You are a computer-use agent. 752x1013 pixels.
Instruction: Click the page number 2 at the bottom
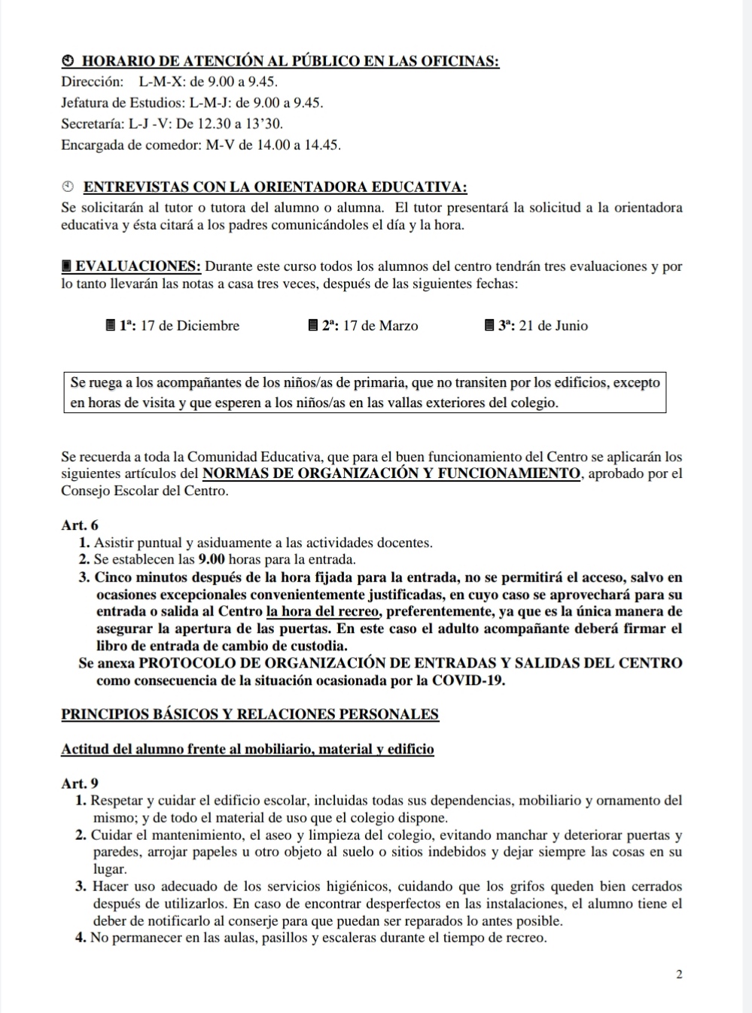(x=679, y=975)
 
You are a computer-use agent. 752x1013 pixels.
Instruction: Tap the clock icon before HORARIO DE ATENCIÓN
(x=67, y=61)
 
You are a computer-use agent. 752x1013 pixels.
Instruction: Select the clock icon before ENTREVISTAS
(x=68, y=187)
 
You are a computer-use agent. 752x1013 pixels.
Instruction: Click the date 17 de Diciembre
(x=190, y=326)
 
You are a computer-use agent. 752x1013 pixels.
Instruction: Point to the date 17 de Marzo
(x=380, y=326)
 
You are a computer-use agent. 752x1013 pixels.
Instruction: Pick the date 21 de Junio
(x=553, y=326)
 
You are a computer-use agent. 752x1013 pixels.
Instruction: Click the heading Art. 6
(x=80, y=525)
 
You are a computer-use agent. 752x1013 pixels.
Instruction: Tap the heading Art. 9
(x=80, y=783)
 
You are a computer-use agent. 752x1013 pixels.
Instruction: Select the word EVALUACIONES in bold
(x=139, y=266)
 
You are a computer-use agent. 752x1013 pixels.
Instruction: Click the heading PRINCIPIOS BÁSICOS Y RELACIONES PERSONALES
(x=250, y=714)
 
